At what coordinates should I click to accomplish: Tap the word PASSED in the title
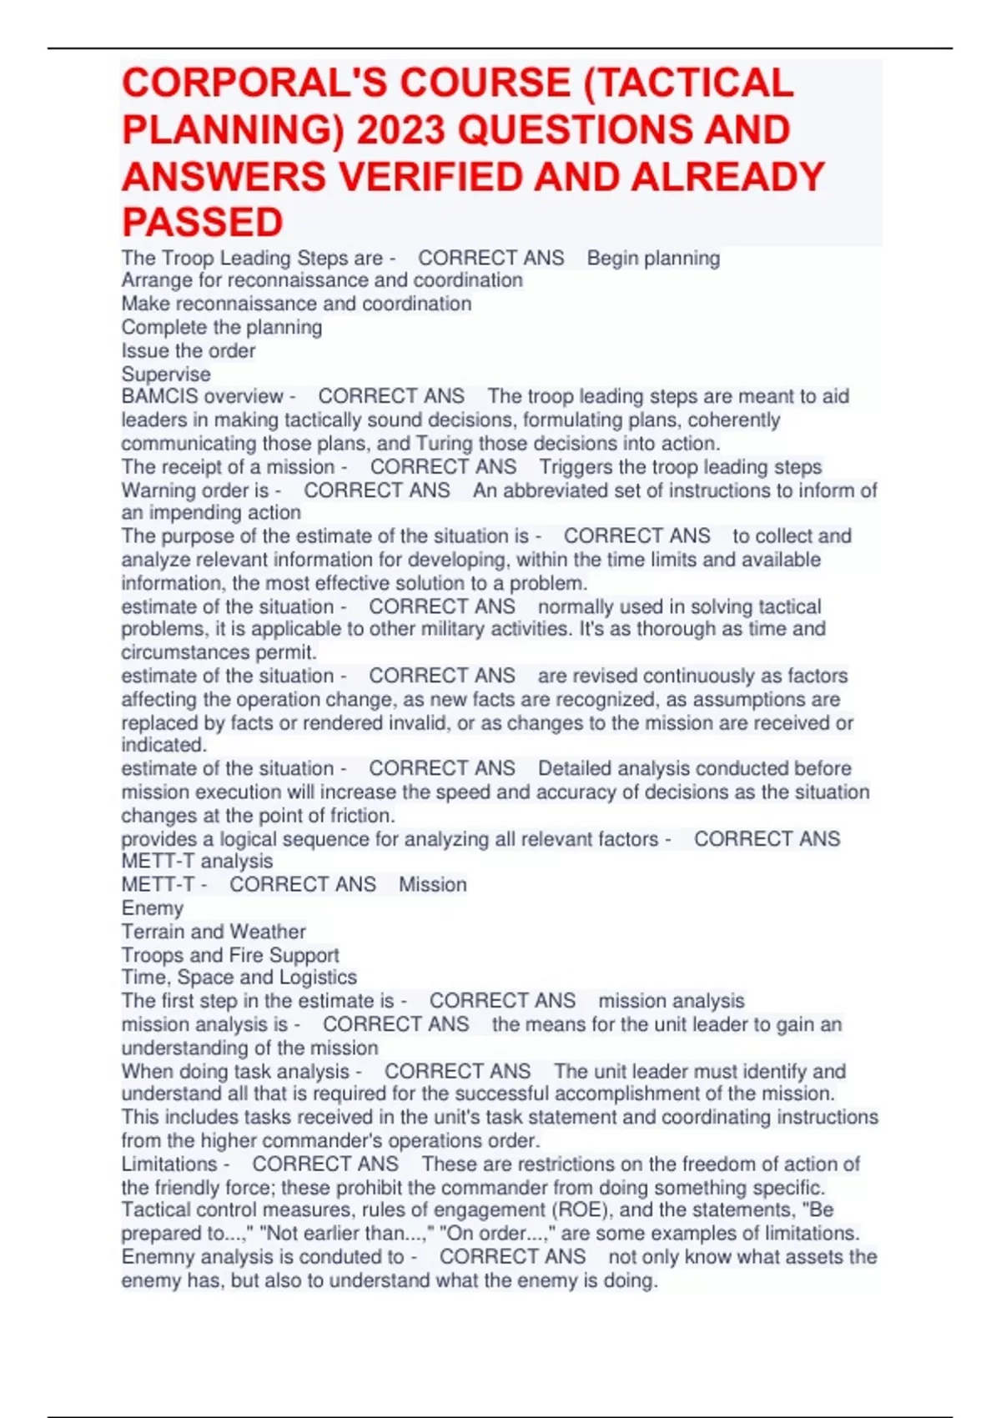coord(203,223)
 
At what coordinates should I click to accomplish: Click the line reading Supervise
coord(166,374)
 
